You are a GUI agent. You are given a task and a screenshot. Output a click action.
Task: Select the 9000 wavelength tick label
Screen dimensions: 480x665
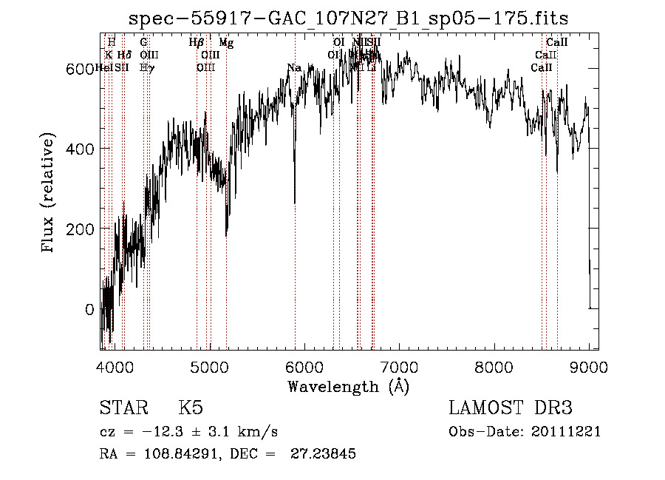pyautogui.click(x=589, y=367)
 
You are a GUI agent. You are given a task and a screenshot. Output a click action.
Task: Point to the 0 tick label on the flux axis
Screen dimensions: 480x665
pyautogui.click(x=90, y=309)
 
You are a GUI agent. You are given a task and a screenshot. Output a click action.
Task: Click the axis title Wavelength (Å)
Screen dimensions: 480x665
pyautogui.click(x=348, y=386)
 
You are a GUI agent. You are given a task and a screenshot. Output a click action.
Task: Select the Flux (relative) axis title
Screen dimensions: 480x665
pyautogui.click(x=50, y=194)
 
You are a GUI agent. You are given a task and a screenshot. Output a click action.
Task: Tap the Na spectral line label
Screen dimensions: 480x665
pyautogui.click(x=294, y=68)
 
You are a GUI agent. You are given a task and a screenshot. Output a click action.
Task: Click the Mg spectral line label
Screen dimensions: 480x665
pyautogui.click(x=226, y=43)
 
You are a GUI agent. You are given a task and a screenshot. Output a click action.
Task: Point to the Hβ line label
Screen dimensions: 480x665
pyautogui.click(x=196, y=43)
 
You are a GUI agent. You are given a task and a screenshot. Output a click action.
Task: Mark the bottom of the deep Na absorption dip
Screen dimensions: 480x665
pyautogui.click(x=295, y=203)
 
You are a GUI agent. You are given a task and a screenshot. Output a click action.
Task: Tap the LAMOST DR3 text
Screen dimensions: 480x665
pyautogui.click(x=510, y=408)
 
